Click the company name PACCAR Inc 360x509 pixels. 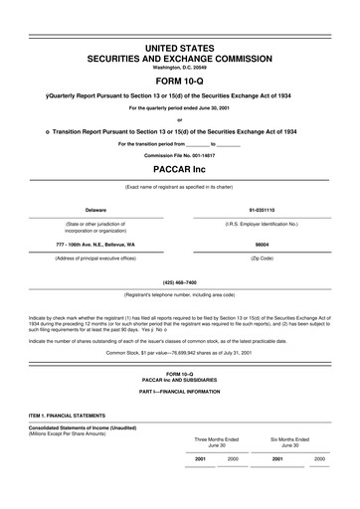point(180,169)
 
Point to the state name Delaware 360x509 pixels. point(95,211)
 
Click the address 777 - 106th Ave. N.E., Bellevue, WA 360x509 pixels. point(96,244)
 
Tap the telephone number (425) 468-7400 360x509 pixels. point(180,283)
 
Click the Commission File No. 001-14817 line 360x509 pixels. point(180,155)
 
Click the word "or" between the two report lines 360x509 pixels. point(180,119)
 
